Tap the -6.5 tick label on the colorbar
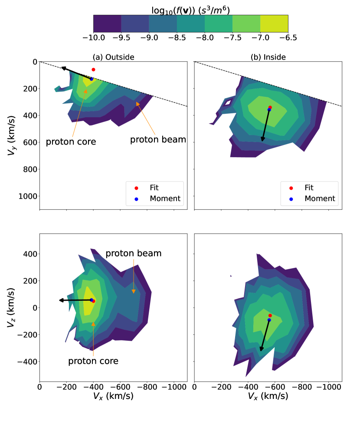click(288, 38)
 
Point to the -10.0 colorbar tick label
click(93, 38)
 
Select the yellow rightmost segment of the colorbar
click(274, 23)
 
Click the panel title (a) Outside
click(113, 57)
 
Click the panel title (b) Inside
click(268, 57)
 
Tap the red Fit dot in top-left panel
click(93, 69)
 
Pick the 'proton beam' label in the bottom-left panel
click(134, 253)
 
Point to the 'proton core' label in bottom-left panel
click(93, 361)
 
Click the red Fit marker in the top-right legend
click(291, 188)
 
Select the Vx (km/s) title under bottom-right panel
click(268, 396)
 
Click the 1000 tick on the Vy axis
click(26, 196)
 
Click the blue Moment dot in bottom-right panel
click(269, 320)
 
